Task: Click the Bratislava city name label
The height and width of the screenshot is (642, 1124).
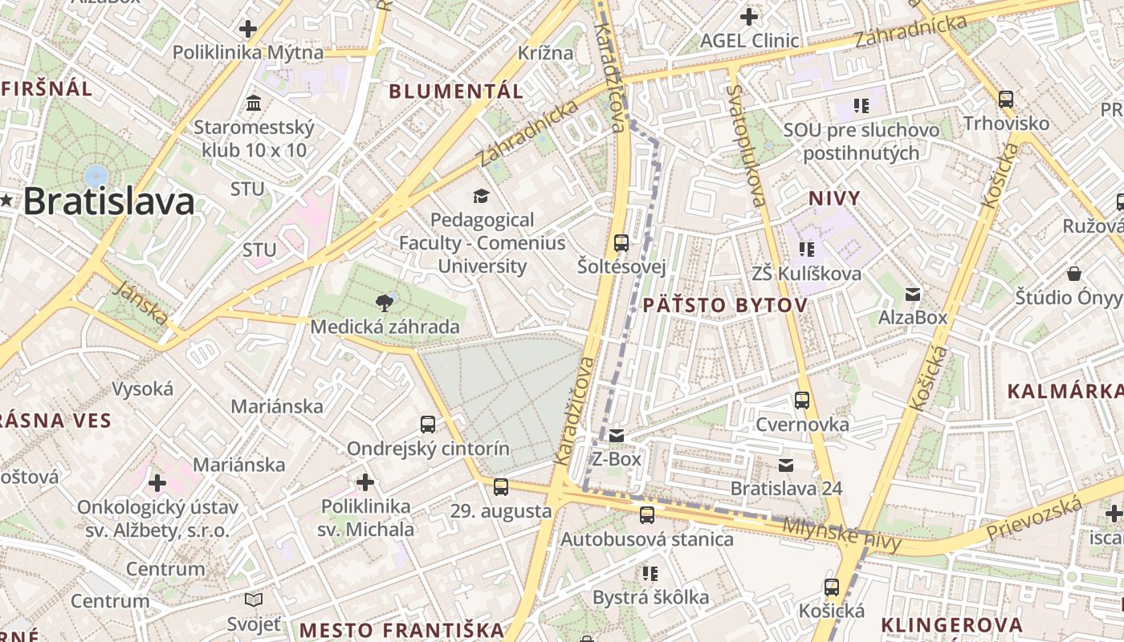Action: coord(108,201)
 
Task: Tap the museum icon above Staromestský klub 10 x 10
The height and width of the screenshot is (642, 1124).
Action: coord(255,103)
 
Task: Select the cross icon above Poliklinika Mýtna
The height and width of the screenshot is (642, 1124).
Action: coord(248,29)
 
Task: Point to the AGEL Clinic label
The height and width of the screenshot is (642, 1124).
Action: coord(749,40)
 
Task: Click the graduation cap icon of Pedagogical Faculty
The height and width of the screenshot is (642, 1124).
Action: coord(481,196)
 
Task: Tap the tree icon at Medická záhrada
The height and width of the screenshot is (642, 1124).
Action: coord(385,303)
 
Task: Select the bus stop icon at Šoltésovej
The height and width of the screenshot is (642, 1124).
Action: coord(621,242)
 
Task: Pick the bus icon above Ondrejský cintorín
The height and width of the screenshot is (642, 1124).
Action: coord(428,424)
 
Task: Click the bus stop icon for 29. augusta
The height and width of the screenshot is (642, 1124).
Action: coord(501,486)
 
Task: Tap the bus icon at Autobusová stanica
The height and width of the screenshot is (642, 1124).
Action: coord(646,515)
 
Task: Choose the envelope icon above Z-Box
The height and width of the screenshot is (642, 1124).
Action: coord(616,435)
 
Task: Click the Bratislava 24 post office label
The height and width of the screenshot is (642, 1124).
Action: coord(786,488)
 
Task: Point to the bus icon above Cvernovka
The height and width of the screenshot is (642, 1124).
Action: coord(801,400)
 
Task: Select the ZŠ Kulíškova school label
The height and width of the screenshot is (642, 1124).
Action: coord(806,274)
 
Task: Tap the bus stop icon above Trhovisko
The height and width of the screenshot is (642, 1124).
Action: coord(1005,100)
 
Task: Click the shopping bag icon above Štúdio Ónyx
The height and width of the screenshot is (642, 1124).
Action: coord(1074,274)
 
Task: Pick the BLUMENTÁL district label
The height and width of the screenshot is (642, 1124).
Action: coord(456,91)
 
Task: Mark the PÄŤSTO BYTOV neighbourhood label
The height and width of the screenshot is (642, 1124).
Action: coord(724,305)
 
